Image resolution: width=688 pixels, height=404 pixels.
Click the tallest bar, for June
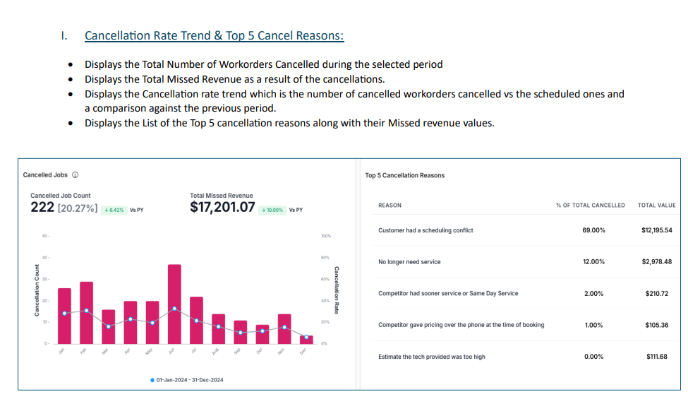click(x=174, y=304)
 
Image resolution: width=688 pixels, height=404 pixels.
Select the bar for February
click(x=86, y=312)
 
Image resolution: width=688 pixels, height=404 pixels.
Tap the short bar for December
click(x=306, y=340)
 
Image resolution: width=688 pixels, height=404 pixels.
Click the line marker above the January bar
click(x=64, y=313)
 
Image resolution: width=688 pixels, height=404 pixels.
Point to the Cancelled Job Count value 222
click(x=42, y=208)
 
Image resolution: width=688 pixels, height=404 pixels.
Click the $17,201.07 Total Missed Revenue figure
click(x=222, y=208)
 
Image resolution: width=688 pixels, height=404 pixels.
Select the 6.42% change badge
click(x=114, y=210)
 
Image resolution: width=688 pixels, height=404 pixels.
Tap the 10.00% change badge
click(x=272, y=210)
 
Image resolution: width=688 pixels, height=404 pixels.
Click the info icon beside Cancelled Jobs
click(x=76, y=175)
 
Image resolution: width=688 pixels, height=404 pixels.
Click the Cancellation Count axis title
click(x=36, y=290)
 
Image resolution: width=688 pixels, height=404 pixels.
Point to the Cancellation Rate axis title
click(x=337, y=290)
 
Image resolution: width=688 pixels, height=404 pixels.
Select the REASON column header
click(x=390, y=206)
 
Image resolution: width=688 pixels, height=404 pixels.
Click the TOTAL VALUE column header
click(x=656, y=206)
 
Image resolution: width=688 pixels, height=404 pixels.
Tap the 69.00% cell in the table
click(x=593, y=230)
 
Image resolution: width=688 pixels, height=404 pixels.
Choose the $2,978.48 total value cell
click(x=656, y=262)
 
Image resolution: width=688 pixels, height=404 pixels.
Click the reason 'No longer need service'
click(x=409, y=262)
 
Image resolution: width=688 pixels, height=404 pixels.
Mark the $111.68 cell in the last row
click(x=656, y=357)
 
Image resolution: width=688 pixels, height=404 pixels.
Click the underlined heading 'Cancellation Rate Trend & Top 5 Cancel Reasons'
click(x=214, y=35)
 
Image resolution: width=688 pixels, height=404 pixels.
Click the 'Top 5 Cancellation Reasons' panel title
click(x=404, y=175)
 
